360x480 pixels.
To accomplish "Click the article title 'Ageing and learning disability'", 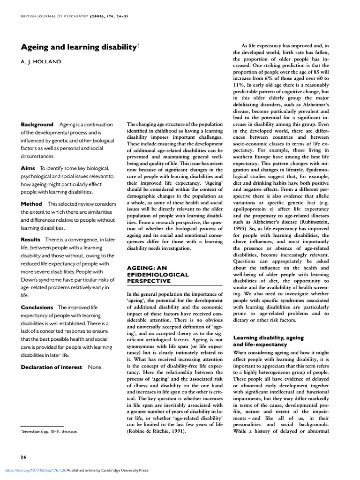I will pos(78,47).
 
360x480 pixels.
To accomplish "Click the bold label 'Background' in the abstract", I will pos(37,125).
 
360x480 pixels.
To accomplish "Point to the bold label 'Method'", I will pos(31,204).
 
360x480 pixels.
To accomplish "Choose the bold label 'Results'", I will pos(31,240).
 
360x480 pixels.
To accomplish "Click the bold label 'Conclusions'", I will pos(37,307).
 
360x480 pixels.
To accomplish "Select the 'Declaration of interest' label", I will pos(52,367).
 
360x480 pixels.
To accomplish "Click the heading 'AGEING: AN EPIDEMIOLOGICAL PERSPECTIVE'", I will pos(157,274).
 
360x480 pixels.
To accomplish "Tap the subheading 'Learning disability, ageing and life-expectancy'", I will pos(269,341).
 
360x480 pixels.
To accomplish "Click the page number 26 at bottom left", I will pos(23,457).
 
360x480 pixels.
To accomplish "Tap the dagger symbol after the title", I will pos(138,45).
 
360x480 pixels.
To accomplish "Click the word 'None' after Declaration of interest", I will pos(96,367).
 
